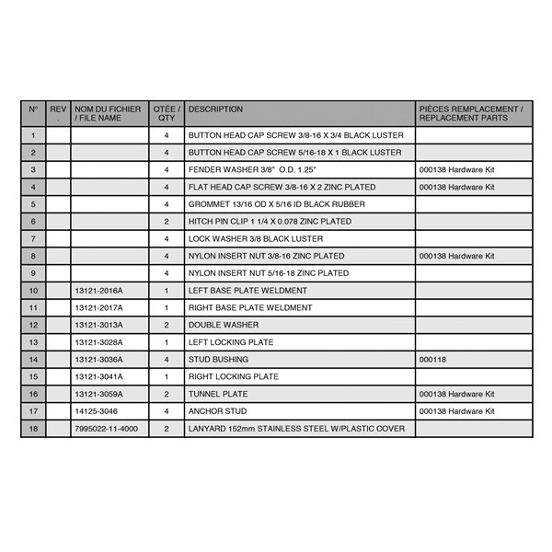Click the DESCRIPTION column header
(215, 109)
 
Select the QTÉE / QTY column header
(167, 113)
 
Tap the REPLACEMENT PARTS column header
(471, 113)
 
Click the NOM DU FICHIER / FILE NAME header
(108, 113)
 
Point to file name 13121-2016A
(98, 291)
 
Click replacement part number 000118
(432, 360)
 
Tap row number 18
(33, 429)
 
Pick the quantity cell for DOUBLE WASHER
(167, 325)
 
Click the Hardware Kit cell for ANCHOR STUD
(456, 411)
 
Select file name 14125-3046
(97, 411)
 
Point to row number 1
(33, 135)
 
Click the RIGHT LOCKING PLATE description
(234, 377)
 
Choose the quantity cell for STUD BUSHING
(167, 360)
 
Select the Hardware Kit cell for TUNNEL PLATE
(456, 394)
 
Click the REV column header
(58, 113)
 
